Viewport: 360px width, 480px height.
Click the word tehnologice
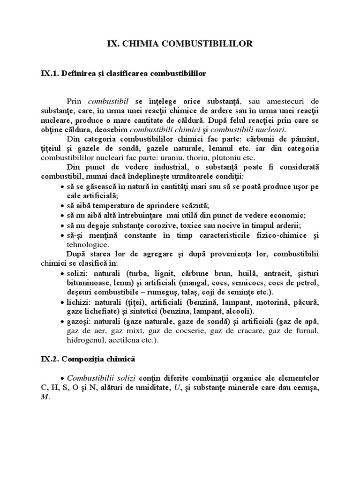coord(88,244)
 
